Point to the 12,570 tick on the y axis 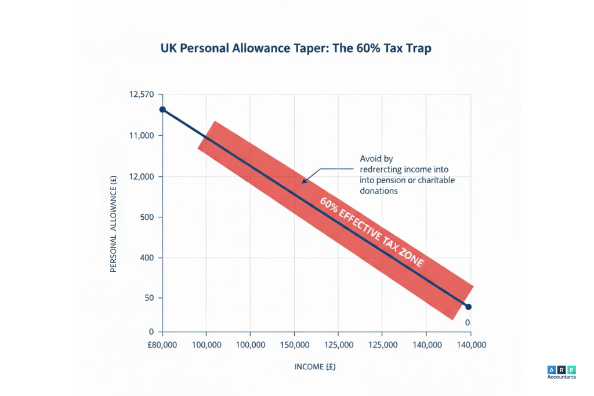(x=143, y=95)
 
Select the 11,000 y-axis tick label (x=143, y=136)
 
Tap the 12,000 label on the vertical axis (x=143, y=176)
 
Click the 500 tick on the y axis (x=147, y=217)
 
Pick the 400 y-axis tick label (x=147, y=257)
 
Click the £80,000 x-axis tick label (x=162, y=344)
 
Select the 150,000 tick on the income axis (x=295, y=344)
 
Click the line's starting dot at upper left (x=163, y=110)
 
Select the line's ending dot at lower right (x=469, y=307)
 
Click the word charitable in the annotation (x=434, y=180)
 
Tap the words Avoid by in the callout (x=376, y=158)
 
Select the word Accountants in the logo (x=561, y=377)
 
